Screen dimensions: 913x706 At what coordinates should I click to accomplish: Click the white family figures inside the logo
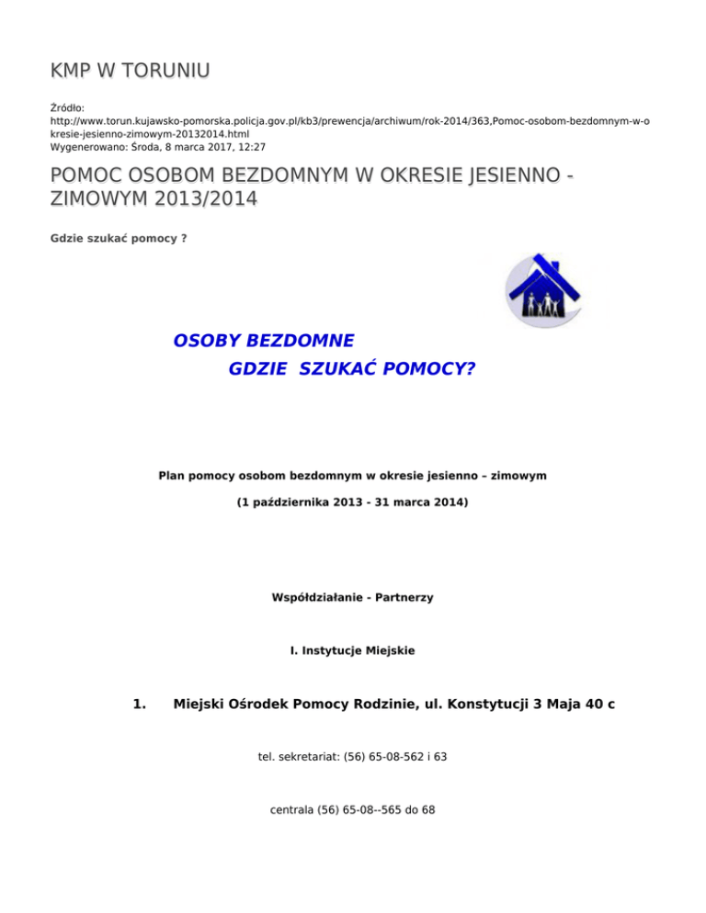541,304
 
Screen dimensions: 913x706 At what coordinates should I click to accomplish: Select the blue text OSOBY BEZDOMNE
264,341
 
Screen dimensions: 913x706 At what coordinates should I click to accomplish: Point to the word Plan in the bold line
172,476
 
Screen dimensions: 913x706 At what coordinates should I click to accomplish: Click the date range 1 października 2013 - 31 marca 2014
353,504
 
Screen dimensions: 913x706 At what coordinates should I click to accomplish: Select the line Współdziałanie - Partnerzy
353,597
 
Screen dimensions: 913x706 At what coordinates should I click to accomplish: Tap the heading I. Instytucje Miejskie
353,650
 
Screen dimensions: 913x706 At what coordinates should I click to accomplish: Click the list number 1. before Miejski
140,704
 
